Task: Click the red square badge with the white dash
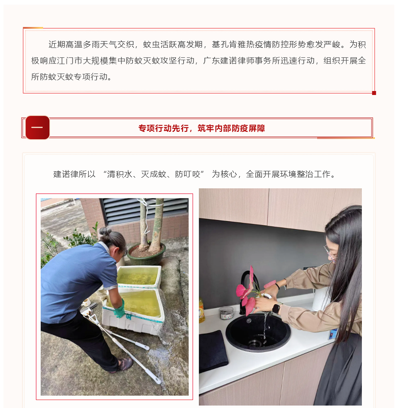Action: (x=38, y=127)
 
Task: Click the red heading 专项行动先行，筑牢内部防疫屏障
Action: (x=201, y=128)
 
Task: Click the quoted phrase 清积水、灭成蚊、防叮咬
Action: (x=154, y=174)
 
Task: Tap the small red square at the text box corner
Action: (x=374, y=93)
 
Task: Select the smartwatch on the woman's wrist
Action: (x=276, y=309)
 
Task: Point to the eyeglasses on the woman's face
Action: (x=330, y=252)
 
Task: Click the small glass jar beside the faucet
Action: (x=226, y=313)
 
